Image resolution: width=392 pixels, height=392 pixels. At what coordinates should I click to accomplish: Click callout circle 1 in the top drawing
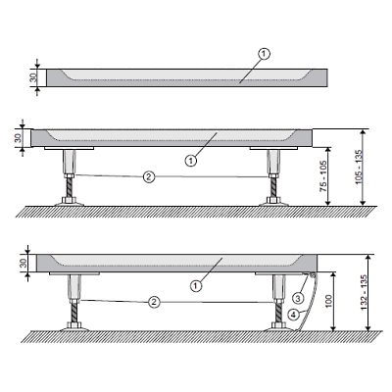[x=265, y=54]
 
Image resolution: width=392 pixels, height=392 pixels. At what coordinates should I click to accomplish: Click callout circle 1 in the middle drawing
[x=191, y=161]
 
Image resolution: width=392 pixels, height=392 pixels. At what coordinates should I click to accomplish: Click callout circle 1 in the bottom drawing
[x=196, y=286]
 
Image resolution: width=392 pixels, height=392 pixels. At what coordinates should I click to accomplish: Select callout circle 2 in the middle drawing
[x=149, y=176]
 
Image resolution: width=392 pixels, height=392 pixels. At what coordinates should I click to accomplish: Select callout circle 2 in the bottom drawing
[x=154, y=302]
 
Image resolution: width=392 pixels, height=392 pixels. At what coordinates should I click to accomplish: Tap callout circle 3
[x=298, y=298]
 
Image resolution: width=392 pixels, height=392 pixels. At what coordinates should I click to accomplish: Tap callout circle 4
[x=293, y=315]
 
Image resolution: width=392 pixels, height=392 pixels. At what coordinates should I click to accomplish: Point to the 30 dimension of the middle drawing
[x=19, y=138]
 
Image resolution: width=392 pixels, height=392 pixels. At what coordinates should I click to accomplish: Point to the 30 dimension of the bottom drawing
[x=24, y=263]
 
